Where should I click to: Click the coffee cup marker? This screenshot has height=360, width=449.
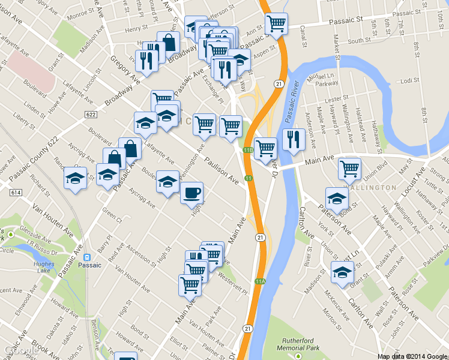(191, 193)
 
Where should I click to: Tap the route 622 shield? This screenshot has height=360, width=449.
(91, 115)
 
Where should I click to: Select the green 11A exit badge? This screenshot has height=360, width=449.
(260, 281)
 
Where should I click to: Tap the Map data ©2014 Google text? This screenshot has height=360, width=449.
(412, 356)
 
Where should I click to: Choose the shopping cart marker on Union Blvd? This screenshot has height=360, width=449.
(349, 169)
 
